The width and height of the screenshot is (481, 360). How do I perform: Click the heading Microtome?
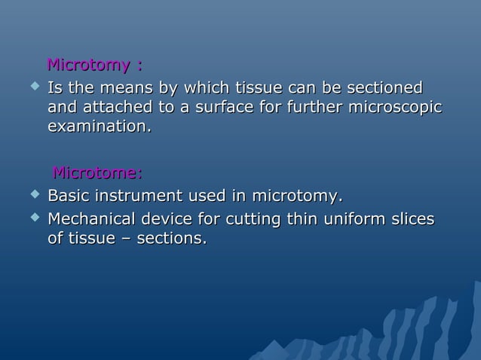point(97,175)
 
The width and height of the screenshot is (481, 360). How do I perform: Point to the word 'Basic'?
point(70,197)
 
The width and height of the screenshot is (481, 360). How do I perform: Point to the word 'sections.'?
point(172,239)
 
